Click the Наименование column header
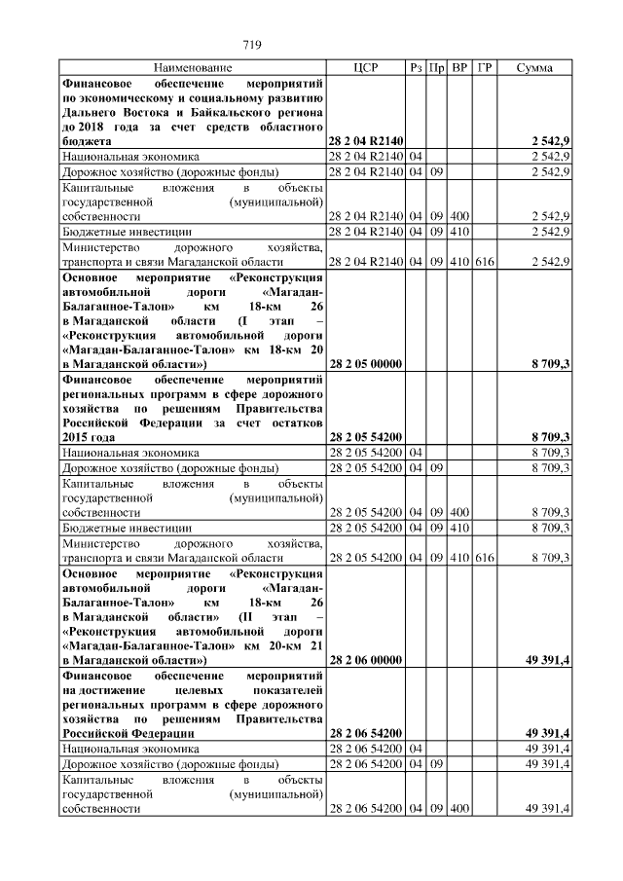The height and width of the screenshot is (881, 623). [193, 68]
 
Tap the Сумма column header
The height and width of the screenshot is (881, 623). [534, 68]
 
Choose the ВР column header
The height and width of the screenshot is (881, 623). [460, 68]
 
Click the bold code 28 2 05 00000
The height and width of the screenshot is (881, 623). [366, 363]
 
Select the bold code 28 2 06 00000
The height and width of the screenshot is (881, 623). [366, 659]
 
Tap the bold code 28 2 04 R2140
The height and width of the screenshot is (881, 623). [366, 142]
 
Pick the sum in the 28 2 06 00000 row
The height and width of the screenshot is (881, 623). [547, 659]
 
